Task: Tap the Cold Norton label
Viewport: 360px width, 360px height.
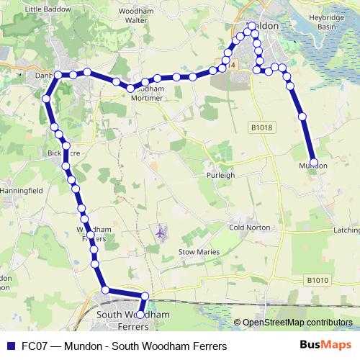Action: pyautogui.click(x=249, y=228)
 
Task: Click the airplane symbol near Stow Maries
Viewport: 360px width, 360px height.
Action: pyautogui.click(x=160, y=233)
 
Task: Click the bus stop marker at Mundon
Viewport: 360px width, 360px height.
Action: pyautogui.click(x=313, y=162)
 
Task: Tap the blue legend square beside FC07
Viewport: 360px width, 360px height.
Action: pyautogui.click(x=10, y=346)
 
